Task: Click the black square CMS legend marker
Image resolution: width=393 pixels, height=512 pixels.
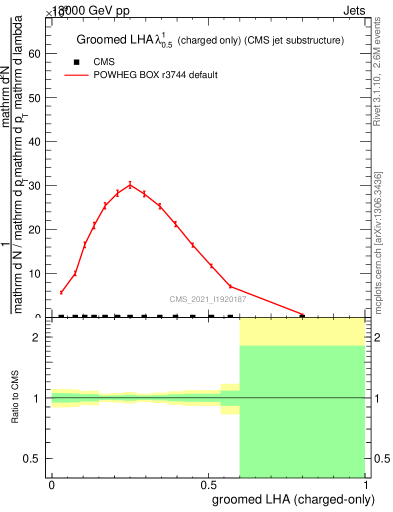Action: coord(76,62)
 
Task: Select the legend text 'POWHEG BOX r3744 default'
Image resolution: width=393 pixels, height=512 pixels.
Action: coord(155,75)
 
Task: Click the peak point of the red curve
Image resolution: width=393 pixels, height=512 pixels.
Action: coord(130,184)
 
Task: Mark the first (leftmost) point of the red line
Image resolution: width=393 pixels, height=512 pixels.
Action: coord(61,292)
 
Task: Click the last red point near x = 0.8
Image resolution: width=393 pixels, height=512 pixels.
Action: coord(302,315)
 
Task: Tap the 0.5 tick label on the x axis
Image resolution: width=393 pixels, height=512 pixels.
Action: coord(208,485)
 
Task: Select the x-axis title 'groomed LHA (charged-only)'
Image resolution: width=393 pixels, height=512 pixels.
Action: coord(293,499)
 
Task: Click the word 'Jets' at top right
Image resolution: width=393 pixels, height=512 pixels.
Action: coord(354,11)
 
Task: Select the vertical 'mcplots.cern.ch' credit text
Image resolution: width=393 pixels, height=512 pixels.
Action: coord(378,242)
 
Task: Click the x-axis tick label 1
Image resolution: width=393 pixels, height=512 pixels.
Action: coord(366,485)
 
